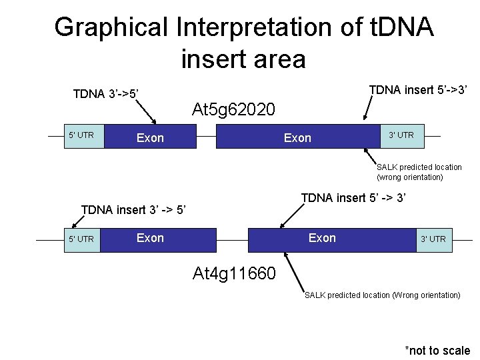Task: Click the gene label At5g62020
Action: tap(233, 109)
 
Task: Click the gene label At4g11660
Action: tap(233, 273)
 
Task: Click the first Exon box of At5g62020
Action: tap(149, 138)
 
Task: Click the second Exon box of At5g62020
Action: tap(297, 138)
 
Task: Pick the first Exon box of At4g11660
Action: tap(158, 239)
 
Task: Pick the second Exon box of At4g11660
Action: tap(322, 239)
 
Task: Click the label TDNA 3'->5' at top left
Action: tap(106, 94)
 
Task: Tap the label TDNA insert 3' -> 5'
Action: tap(133, 210)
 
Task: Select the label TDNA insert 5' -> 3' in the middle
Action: tap(353, 198)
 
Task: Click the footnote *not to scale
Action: tap(437, 351)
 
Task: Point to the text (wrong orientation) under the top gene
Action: tap(409, 177)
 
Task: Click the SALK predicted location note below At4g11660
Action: tap(382, 295)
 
